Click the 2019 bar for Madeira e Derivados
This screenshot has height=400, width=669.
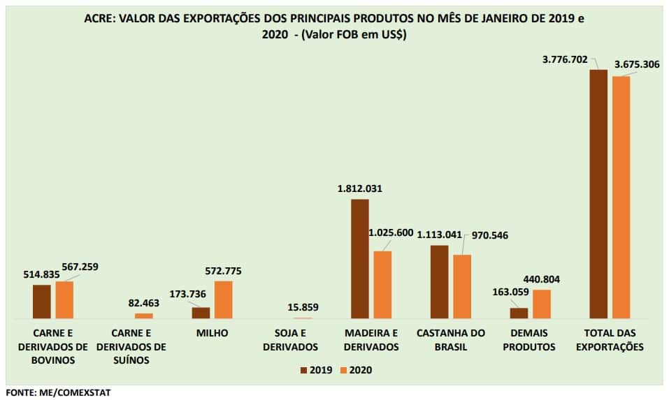(x=359, y=259)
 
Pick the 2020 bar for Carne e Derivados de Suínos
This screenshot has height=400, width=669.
(x=143, y=316)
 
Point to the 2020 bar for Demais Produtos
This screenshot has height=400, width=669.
(x=542, y=304)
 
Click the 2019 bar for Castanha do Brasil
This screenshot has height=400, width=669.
(x=439, y=282)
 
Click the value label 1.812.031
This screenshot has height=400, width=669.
(x=359, y=188)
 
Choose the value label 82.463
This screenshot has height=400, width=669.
(x=143, y=302)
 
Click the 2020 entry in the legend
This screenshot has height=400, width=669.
(x=356, y=370)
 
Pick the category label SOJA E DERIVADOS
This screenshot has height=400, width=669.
(x=294, y=340)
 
